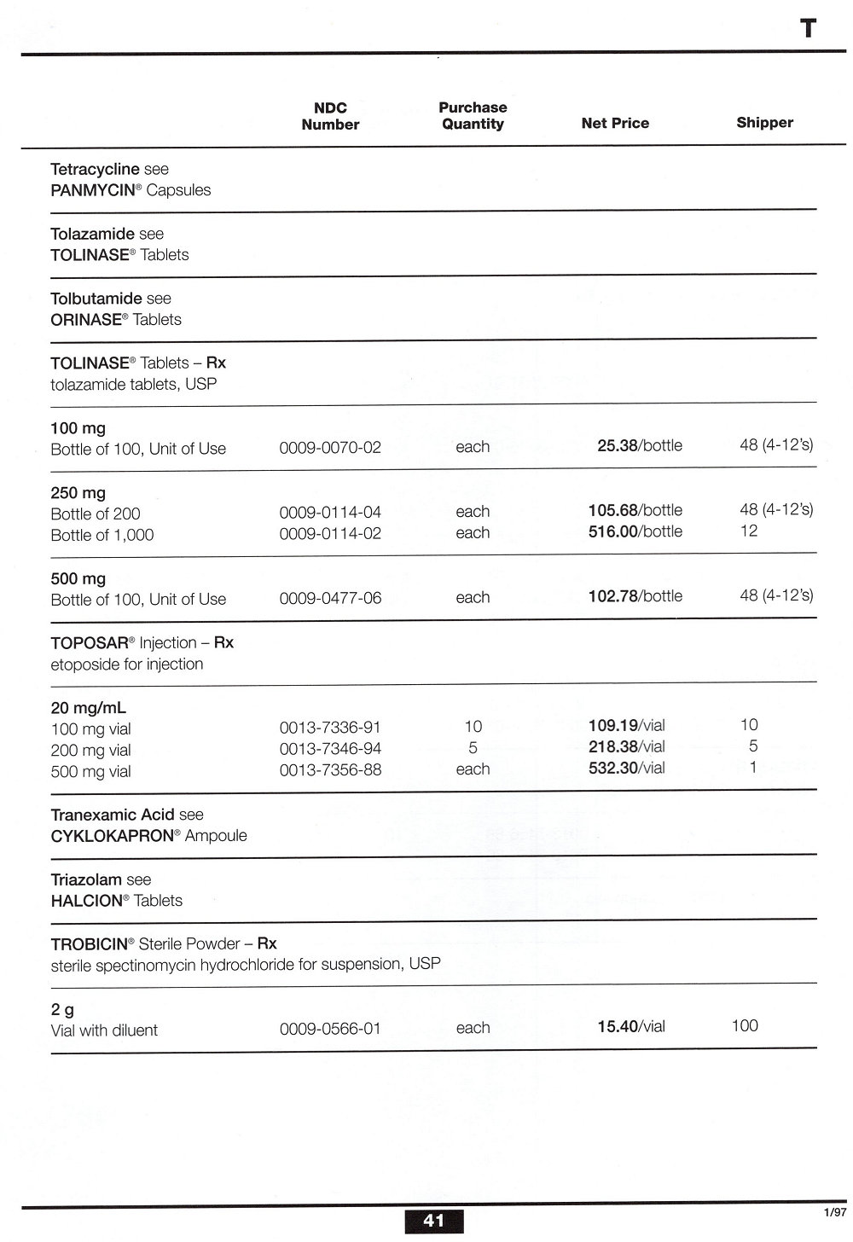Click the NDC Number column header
tap(330, 116)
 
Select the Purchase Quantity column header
tap(473, 116)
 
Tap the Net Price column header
tap(615, 124)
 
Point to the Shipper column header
tap(764, 123)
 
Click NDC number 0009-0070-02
tap(330, 447)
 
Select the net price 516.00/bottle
tap(635, 531)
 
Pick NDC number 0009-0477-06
tap(330, 598)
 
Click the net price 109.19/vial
tap(626, 726)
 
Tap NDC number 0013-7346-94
tap(330, 748)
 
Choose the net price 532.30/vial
tap(626, 768)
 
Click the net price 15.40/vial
tap(630, 1027)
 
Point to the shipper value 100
tap(745, 1025)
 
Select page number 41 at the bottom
tap(433, 1221)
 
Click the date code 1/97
tap(834, 1212)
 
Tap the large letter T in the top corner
tap(808, 29)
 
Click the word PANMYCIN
tap(93, 190)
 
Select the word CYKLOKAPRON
tap(112, 836)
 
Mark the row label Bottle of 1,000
tap(102, 535)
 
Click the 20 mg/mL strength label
tap(89, 708)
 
